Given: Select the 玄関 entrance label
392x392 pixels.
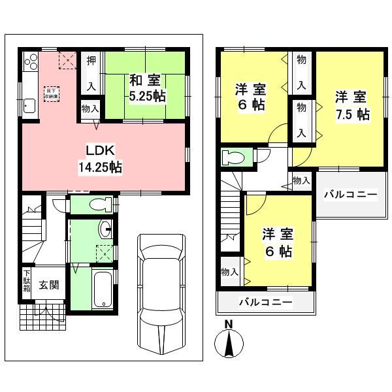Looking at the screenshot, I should [48, 285].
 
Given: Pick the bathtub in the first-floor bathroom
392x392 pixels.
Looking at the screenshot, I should [104, 287].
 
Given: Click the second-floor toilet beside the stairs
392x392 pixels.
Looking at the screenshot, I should [233, 157].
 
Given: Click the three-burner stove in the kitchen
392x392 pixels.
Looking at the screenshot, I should [31, 62].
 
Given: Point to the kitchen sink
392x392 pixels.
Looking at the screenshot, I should [29, 105].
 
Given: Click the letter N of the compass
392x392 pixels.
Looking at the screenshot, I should [229, 324].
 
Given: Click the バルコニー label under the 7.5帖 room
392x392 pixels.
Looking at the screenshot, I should [351, 195].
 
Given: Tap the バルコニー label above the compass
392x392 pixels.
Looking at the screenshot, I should [265, 302].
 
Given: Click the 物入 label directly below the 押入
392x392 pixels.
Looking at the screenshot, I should [91, 109].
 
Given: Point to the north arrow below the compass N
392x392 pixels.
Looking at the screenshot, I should [229, 343].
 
